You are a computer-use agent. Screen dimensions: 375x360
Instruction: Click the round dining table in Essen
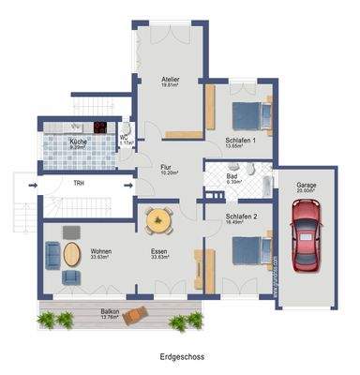159,221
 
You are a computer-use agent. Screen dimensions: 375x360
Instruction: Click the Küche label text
79,142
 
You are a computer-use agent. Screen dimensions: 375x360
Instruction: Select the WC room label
125,138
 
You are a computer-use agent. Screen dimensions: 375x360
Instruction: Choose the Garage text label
307,186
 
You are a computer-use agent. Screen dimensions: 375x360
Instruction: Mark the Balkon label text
110,312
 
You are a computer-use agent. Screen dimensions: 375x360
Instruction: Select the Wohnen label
101,252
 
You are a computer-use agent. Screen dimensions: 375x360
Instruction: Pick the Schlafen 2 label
241,217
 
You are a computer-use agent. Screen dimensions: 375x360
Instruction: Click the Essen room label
159,252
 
